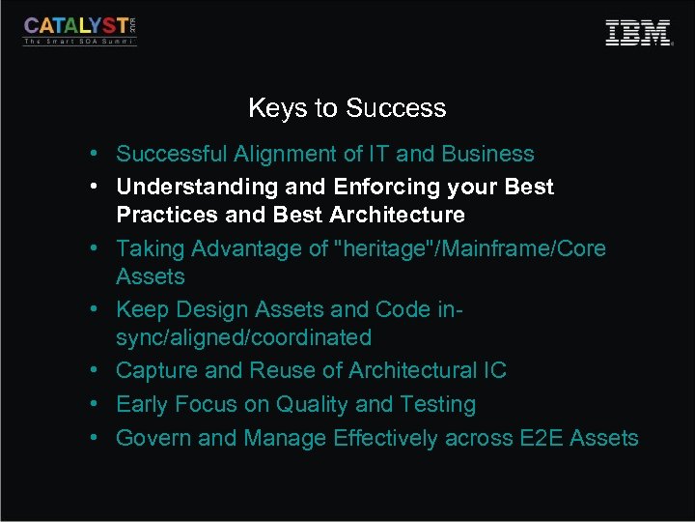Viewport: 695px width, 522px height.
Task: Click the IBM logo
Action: point(637,32)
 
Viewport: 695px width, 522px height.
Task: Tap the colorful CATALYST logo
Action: point(80,29)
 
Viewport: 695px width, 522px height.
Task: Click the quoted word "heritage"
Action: point(383,248)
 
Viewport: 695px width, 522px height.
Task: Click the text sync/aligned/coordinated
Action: point(243,338)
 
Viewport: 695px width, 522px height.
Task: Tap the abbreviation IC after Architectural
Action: point(494,371)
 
